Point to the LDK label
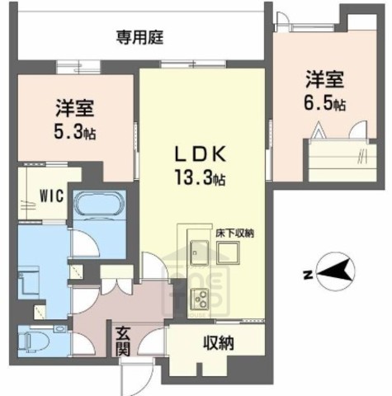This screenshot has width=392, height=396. (197, 154)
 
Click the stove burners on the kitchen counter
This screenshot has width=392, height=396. (199, 298)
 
